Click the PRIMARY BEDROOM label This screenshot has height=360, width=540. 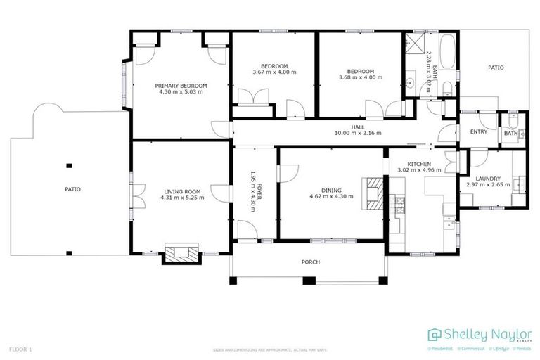[181, 85]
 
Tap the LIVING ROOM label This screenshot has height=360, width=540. [182, 191]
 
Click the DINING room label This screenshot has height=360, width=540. [331, 191]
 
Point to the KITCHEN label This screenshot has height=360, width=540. [419, 163]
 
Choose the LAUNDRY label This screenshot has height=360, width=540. [487, 179]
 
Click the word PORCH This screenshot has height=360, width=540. [310, 262]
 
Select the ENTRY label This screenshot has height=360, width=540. [478, 131]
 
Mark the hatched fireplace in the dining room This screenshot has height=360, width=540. [373, 192]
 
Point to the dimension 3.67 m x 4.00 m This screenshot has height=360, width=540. [274, 72]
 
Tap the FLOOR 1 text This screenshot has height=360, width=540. [20, 349]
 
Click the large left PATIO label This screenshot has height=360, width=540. [72, 189]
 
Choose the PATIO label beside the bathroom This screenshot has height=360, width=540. [496, 67]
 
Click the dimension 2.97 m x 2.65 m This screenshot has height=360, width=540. [487, 186]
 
